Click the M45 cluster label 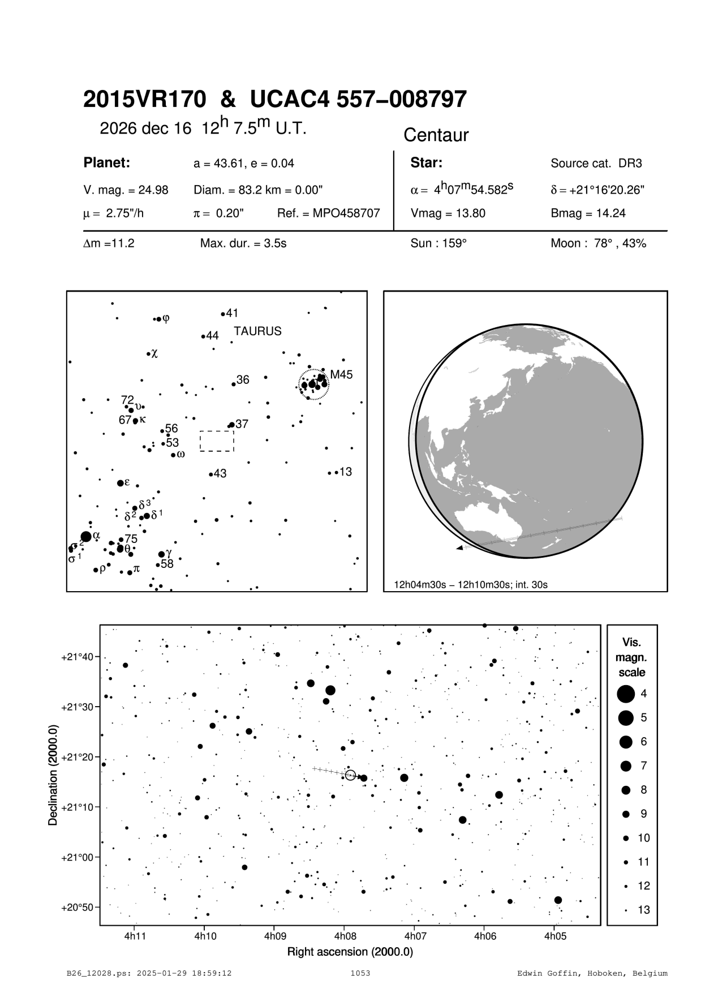pyautogui.click(x=341, y=375)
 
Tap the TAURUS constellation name pyautogui.click(x=257, y=331)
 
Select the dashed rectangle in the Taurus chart pyautogui.click(x=217, y=441)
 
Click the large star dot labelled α pyautogui.click(x=86, y=536)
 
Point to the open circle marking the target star pyautogui.click(x=350, y=775)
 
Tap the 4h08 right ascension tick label pyautogui.click(x=344, y=937)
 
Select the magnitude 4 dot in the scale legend pyautogui.click(x=625, y=694)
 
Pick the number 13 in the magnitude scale pyautogui.click(x=644, y=910)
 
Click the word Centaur pyautogui.click(x=436, y=135)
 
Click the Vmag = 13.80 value pyautogui.click(x=448, y=213)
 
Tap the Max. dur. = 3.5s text pyautogui.click(x=243, y=244)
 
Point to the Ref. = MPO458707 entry pyautogui.click(x=328, y=213)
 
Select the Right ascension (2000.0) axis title pyautogui.click(x=350, y=952)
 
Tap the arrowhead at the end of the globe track pyautogui.click(x=460, y=548)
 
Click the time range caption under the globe pyautogui.click(x=471, y=584)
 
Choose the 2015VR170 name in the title pyautogui.click(x=144, y=100)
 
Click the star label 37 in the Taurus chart pyautogui.click(x=242, y=424)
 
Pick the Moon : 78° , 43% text pyautogui.click(x=598, y=244)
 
